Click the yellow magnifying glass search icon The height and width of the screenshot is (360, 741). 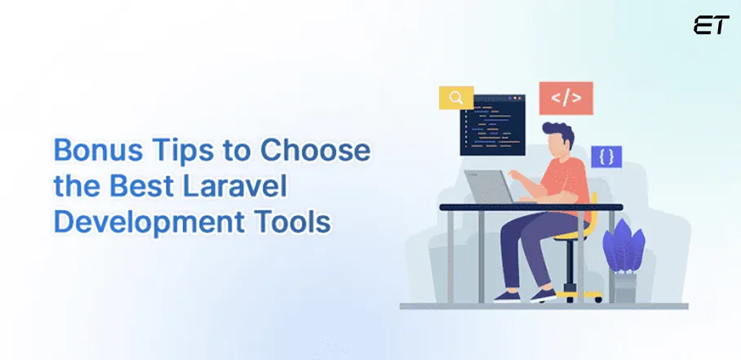pyautogui.click(x=456, y=97)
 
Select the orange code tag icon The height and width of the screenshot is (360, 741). pyautogui.click(x=566, y=99)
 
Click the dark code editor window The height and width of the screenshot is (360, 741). pyautogui.click(x=492, y=125)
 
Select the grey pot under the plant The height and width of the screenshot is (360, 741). pyautogui.click(x=624, y=287)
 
